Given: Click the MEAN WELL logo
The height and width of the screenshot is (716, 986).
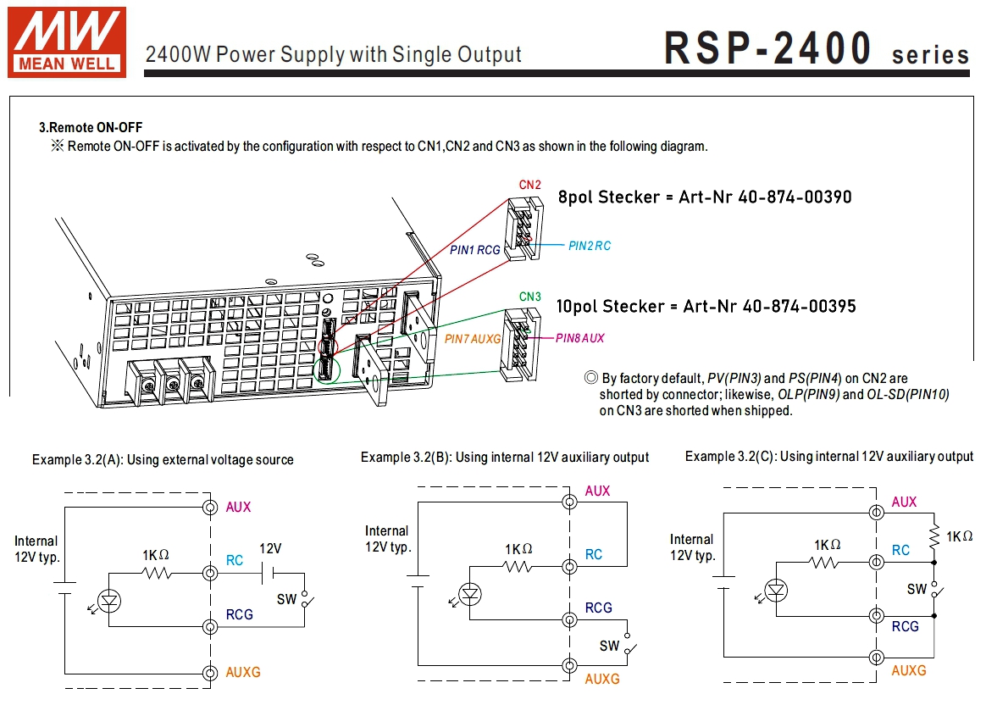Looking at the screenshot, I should [x=66, y=42].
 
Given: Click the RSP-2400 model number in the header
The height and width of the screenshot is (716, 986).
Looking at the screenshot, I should [x=767, y=48].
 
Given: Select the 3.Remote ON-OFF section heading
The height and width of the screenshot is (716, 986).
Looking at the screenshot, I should [x=91, y=128].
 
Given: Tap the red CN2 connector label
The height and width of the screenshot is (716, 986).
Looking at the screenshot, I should [x=530, y=185].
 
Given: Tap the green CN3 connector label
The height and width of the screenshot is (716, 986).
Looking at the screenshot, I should [x=530, y=297].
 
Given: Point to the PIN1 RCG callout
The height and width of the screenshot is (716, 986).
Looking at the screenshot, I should [x=475, y=250].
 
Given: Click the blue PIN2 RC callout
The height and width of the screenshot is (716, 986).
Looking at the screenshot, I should [x=590, y=246].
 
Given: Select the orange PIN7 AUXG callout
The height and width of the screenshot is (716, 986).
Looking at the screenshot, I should [x=473, y=338].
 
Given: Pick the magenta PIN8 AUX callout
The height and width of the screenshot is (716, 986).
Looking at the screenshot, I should [x=580, y=338].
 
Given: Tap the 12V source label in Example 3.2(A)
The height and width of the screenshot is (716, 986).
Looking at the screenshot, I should [x=270, y=548].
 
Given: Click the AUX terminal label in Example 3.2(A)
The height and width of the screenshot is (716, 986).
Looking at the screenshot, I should [x=238, y=508].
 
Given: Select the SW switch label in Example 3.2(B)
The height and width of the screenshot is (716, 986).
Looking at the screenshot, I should [x=609, y=646].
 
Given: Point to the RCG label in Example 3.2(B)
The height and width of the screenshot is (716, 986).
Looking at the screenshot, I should [x=598, y=608].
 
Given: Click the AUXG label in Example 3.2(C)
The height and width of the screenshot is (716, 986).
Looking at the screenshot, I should [x=909, y=670].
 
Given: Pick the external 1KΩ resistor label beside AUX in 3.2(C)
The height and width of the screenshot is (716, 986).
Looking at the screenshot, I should [x=959, y=536].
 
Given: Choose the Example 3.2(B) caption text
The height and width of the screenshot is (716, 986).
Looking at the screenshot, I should [x=505, y=458].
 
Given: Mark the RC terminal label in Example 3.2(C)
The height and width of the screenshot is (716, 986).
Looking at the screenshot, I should [x=900, y=551].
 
